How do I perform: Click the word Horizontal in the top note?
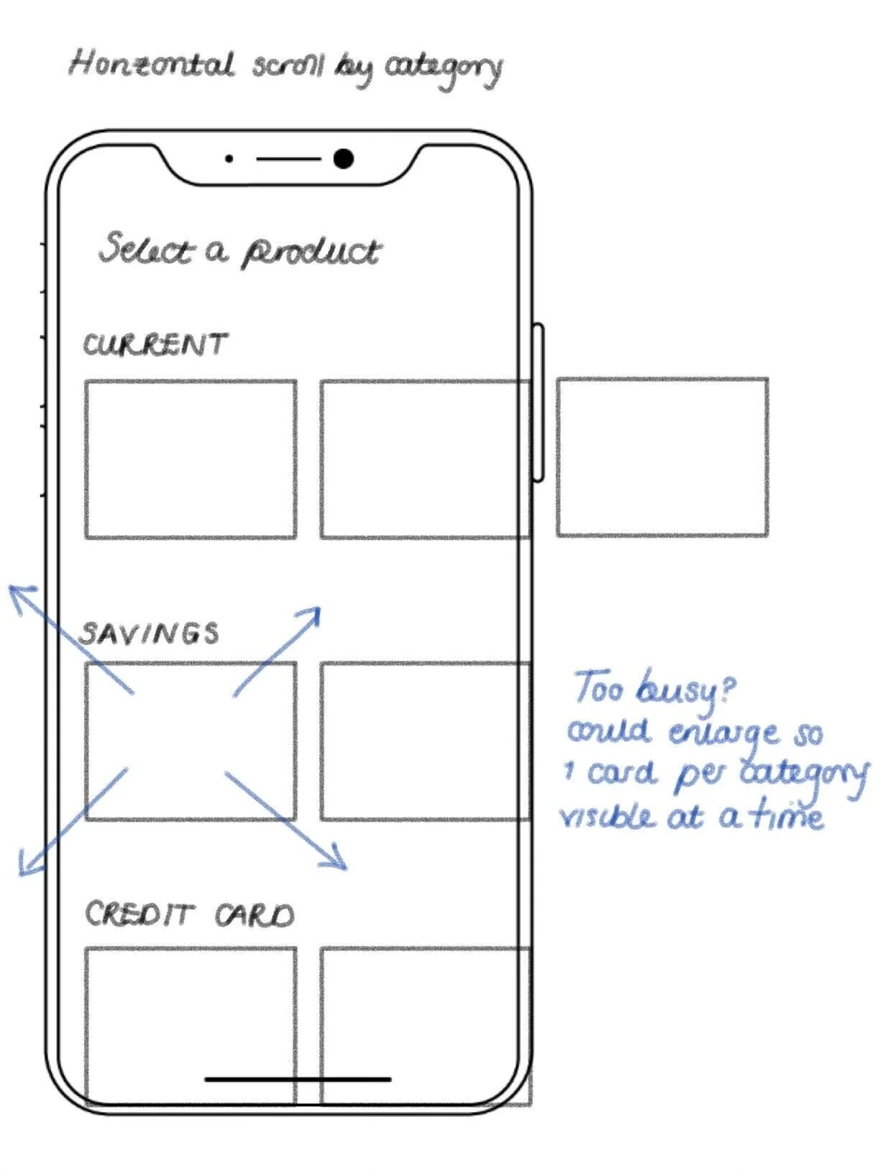[151, 65]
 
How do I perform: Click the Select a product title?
[239, 249]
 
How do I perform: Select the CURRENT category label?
[155, 344]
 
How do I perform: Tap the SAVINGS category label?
[149, 633]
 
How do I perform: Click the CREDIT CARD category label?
[190, 914]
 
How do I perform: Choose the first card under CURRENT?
[191, 459]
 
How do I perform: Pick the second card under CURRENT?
[424, 459]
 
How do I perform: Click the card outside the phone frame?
[662, 457]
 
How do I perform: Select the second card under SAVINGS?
[424, 741]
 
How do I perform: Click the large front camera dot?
[344, 158]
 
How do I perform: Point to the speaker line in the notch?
[288, 158]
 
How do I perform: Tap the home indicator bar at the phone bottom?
[298, 1079]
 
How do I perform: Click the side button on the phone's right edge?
[538, 403]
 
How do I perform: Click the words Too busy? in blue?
[654, 688]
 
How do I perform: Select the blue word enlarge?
[723, 733]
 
